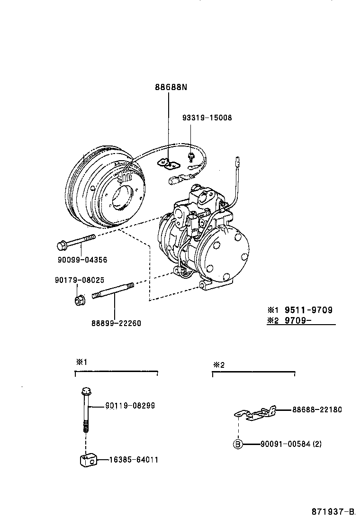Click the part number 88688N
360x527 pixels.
click(x=171, y=87)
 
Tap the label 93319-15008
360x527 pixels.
click(x=207, y=118)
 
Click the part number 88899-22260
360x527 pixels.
click(x=116, y=323)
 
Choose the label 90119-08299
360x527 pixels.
click(x=130, y=406)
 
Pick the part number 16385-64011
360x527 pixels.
click(x=133, y=460)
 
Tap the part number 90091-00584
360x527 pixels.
click(x=285, y=444)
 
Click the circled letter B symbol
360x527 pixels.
click(x=238, y=444)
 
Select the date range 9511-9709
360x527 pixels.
click(x=308, y=310)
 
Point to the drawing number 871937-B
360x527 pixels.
click(x=333, y=512)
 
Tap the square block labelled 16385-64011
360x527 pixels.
click(x=87, y=460)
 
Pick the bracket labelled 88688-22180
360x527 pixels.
click(x=256, y=414)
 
